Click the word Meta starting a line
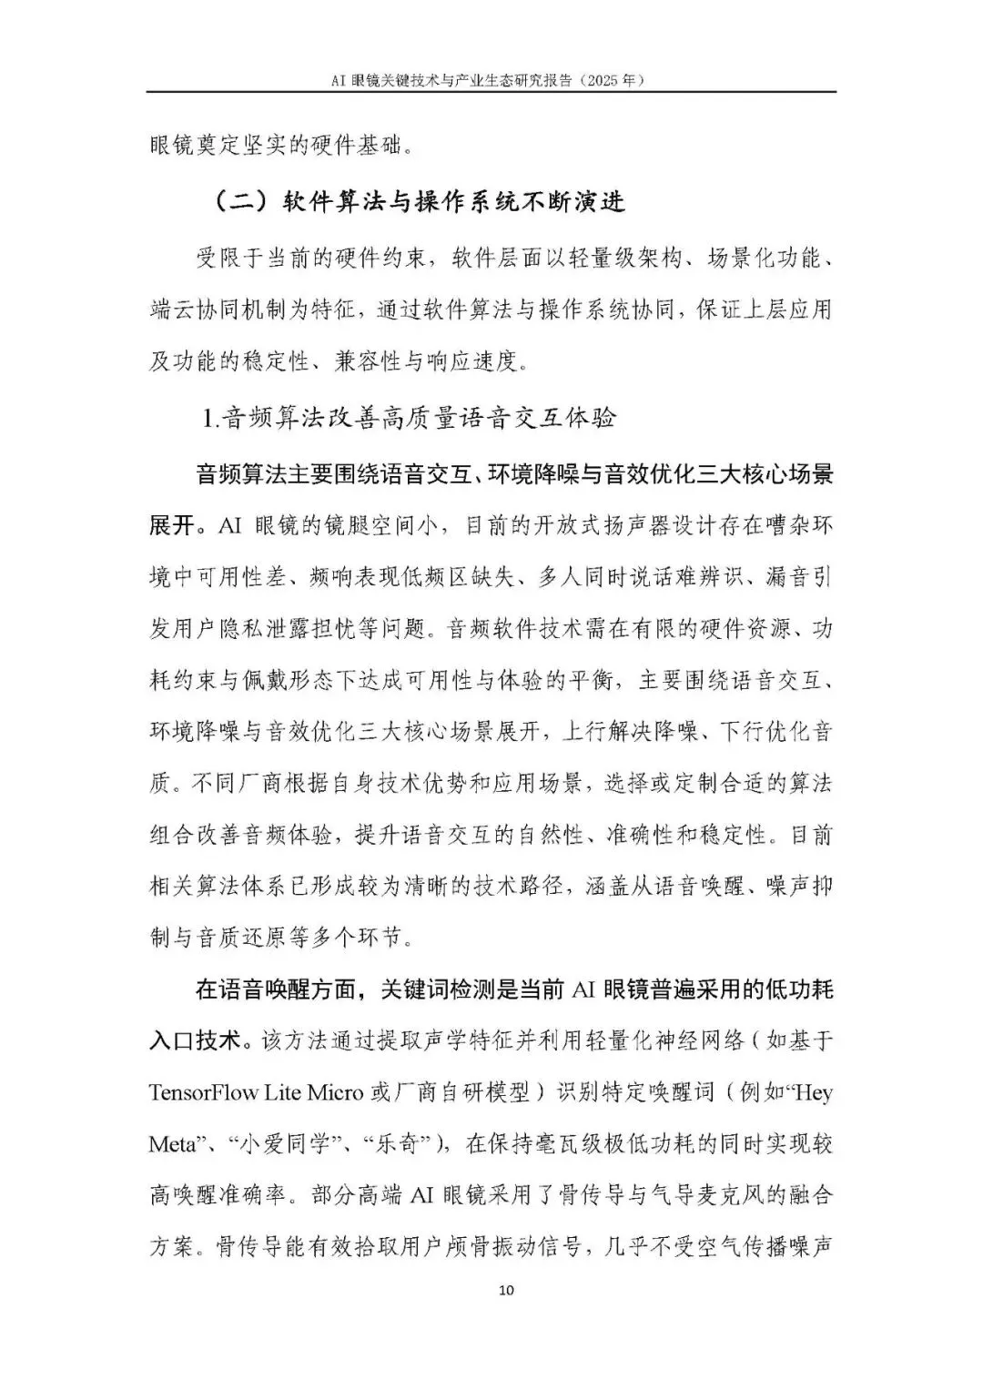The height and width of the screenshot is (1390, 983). pyautogui.click(x=171, y=1143)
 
